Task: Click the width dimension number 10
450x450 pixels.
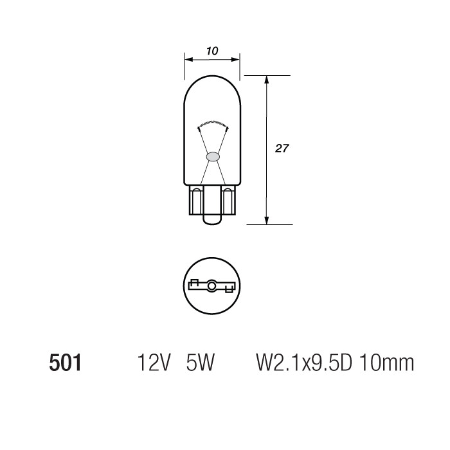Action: point(212,50)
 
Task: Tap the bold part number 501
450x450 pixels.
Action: point(65,364)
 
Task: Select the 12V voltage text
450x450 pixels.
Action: point(153,364)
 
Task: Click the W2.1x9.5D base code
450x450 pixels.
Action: point(305,364)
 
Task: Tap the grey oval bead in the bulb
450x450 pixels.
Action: point(212,156)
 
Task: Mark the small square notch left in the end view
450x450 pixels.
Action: point(193,282)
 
